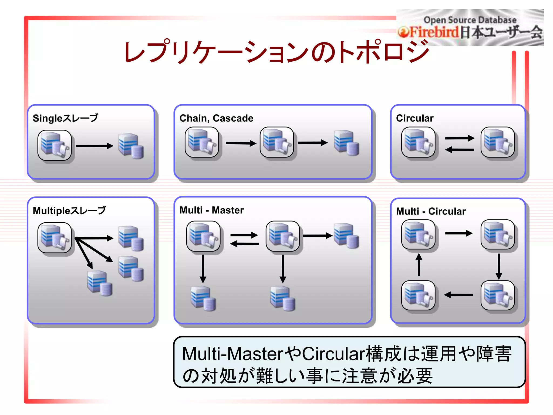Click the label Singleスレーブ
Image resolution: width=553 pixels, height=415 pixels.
pos(65,118)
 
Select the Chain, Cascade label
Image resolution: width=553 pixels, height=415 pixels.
pos(216,118)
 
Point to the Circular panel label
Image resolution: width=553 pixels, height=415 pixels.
pos(414,118)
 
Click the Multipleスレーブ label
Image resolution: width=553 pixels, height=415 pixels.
pos(69,210)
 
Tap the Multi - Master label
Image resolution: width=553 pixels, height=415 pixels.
pos(211,210)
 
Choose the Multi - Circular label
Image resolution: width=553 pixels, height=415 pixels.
pos(431,211)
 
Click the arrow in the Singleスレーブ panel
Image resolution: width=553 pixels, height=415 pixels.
pos(94,146)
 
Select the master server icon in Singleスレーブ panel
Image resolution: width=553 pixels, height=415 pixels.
pos(55,145)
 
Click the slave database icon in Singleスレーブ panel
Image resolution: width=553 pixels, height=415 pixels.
pos(131,146)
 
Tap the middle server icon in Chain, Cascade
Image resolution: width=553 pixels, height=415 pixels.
pos(277,142)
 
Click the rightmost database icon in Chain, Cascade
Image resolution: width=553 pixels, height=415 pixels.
pos(346,143)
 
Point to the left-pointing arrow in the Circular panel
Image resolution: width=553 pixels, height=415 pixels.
pos(459,149)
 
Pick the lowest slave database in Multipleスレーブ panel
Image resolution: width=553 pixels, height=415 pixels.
pos(100,283)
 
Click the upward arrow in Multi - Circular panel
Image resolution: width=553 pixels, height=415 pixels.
pos(419,264)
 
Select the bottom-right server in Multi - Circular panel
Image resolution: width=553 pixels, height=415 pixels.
pos(498,295)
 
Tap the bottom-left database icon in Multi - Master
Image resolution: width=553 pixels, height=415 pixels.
pos(203,298)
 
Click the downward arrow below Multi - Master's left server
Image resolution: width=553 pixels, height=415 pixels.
pos(203,269)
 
